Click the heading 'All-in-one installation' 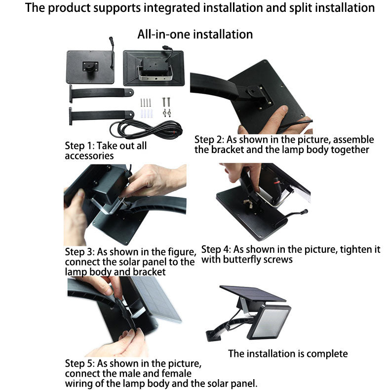point(195,34)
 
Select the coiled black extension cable point(146,129)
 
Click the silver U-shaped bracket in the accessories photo point(155,74)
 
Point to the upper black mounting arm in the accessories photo point(101,93)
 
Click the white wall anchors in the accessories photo point(146,113)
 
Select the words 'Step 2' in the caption point(209,140)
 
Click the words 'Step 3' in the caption point(79,252)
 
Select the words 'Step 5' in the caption point(79,363)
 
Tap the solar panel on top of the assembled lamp point(252,294)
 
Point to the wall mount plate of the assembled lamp point(213,335)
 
